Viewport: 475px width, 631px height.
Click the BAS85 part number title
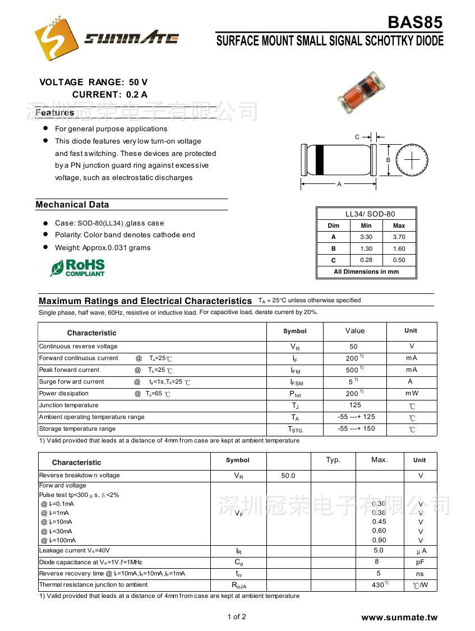click(415, 22)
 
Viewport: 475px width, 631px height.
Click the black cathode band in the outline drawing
click(320, 159)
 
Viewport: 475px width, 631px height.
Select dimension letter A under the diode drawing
click(339, 184)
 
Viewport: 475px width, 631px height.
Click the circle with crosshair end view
click(412, 160)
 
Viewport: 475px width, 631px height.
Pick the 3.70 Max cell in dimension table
click(399, 237)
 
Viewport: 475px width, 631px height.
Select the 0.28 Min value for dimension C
click(366, 260)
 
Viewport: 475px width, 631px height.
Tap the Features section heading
click(55, 113)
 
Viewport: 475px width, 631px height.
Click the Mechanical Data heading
click(72, 205)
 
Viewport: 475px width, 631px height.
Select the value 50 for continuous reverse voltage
click(353, 347)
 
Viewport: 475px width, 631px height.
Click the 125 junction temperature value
click(354, 405)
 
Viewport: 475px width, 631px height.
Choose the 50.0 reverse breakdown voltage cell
click(288, 476)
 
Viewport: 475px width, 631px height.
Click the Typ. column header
click(333, 460)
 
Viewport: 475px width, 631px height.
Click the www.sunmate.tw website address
click(399, 618)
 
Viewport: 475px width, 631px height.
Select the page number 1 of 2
click(237, 617)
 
